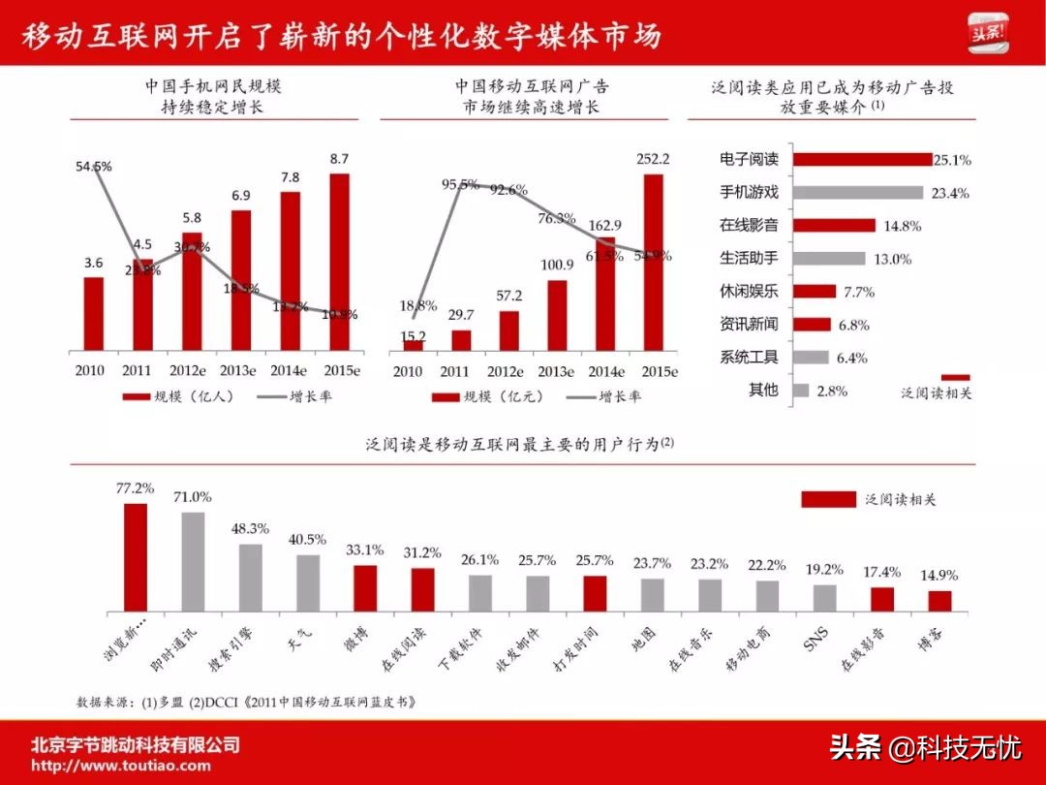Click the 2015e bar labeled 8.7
click(x=340, y=261)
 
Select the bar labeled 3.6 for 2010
click(x=93, y=313)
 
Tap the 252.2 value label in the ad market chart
click(x=654, y=159)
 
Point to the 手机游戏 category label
click(x=749, y=192)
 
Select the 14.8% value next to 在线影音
click(x=902, y=226)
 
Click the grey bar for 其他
click(x=801, y=391)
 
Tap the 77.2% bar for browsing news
click(x=136, y=557)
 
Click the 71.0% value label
click(x=192, y=497)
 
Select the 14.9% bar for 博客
click(x=939, y=601)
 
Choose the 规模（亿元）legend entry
click(x=477, y=396)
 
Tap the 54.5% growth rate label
click(x=94, y=167)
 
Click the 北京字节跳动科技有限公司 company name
click(x=135, y=744)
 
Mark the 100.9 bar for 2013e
click(x=556, y=314)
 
